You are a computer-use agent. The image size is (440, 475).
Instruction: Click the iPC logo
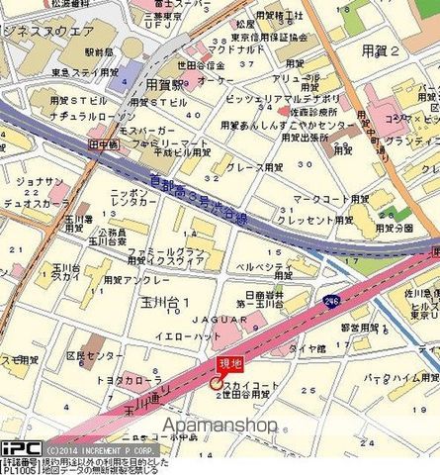click(20, 446)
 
